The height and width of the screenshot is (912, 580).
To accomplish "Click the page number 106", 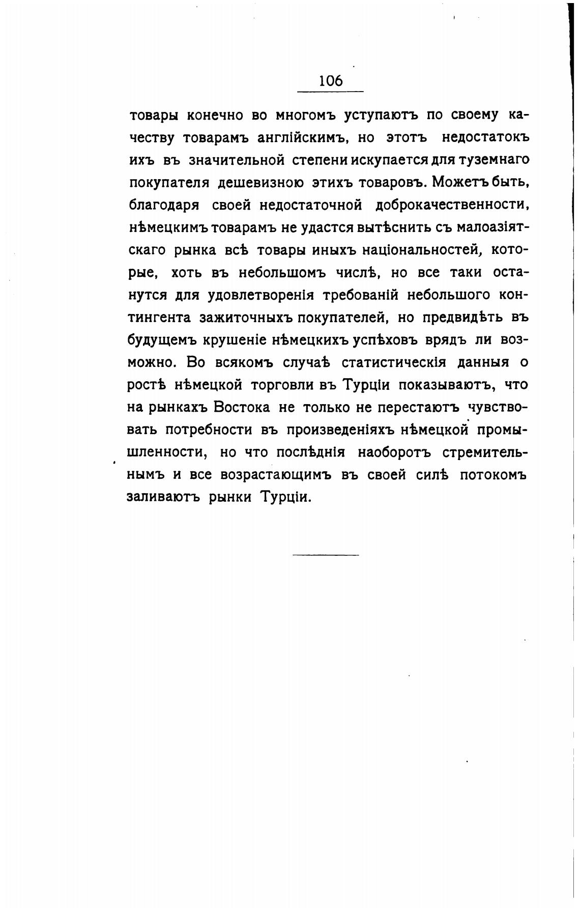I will click(x=331, y=81).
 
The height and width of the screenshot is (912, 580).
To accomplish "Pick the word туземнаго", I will click(x=487, y=160).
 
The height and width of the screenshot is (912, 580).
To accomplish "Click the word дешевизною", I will click(x=262, y=183).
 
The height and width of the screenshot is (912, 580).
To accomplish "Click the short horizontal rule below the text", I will click(x=326, y=554).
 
